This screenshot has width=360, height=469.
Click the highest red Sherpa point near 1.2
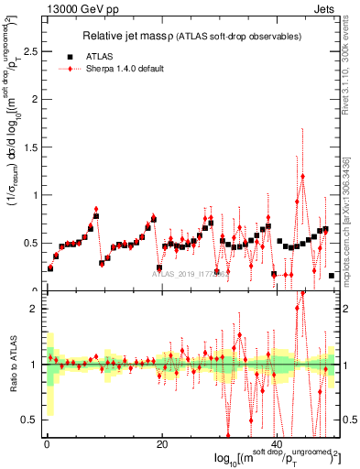tap(303, 176)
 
